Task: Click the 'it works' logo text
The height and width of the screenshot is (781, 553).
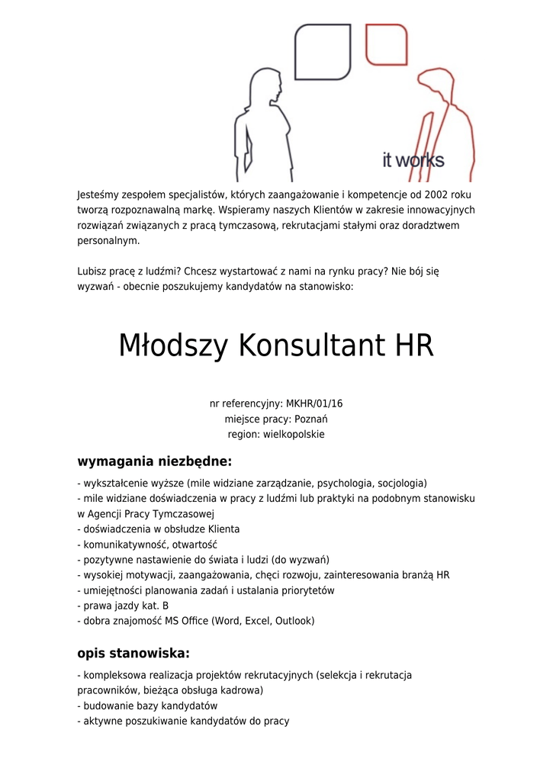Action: (413, 160)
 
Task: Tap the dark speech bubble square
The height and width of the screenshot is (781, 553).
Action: (323, 52)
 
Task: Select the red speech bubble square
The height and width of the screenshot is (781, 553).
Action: (386, 45)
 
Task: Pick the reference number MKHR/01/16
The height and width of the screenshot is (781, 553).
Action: (313, 403)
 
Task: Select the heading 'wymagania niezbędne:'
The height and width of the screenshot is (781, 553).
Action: (154, 461)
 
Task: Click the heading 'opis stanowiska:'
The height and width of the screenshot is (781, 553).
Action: (133, 653)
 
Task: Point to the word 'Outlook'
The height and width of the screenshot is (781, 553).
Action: (294, 621)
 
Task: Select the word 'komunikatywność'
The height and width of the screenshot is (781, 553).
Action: (120, 545)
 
